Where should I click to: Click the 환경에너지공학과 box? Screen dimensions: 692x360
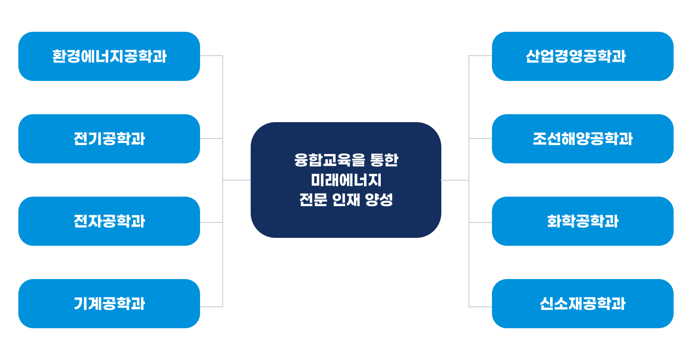pos(109,56)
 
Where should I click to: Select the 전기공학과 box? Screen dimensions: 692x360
pos(109,139)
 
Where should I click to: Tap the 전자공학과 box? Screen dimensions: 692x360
pos(109,221)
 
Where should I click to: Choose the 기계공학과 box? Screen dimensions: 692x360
pos(109,303)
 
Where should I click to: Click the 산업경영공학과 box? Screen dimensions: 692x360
pos(583,56)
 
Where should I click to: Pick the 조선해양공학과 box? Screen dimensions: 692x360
pos(583,139)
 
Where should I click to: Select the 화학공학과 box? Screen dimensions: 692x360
pos(583,221)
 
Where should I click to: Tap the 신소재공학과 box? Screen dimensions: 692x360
pos(583,303)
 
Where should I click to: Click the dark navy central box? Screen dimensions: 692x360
pos(346,180)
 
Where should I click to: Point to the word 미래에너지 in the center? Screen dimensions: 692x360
pos(346,180)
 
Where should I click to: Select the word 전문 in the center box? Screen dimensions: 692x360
pos(313,200)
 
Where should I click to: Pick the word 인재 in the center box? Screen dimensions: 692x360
pos(346,200)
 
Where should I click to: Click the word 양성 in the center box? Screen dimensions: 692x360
pos(379,200)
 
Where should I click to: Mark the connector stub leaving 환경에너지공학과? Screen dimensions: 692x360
pos(211,56)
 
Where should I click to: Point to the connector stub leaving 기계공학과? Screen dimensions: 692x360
pos(211,307)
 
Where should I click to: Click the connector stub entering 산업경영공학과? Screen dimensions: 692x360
pos(481,56)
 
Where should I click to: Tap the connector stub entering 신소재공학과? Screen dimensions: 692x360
pos(481,307)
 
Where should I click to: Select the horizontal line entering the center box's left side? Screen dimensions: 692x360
pos(237,180)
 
